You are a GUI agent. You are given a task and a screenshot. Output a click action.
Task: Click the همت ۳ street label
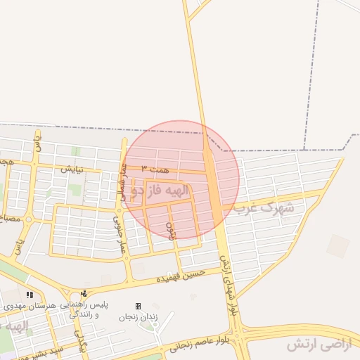tap(155, 169)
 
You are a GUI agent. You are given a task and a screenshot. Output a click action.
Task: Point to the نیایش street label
tap(72, 169)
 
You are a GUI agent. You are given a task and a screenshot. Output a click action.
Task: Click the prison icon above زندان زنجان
tap(138, 306)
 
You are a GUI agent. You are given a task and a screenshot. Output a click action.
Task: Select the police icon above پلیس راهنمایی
tap(84, 294)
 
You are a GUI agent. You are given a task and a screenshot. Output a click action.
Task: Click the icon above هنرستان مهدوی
tap(29, 295)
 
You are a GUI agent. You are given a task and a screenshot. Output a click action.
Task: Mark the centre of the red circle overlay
tap(181, 179)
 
